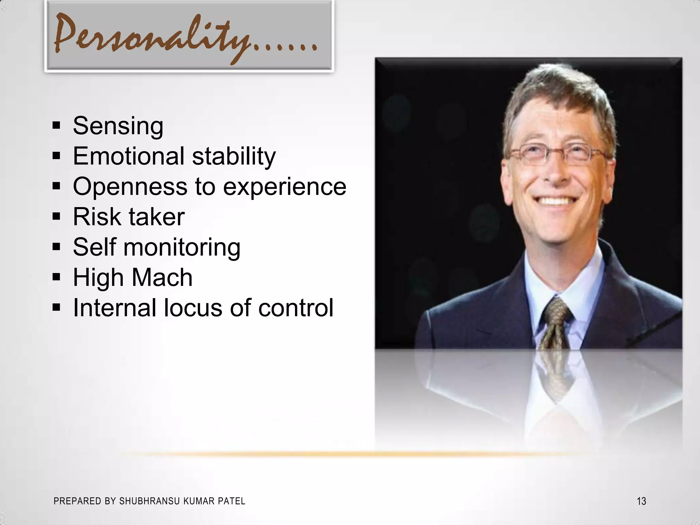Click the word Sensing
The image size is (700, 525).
(x=118, y=126)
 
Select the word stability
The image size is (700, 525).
(x=234, y=157)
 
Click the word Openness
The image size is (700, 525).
(x=130, y=187)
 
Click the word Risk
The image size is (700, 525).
(x=97, y=217)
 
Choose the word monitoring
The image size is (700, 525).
(x=182, y=247)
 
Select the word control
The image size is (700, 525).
(x=296, y=308)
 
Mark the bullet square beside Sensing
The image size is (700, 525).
(x=56, y=125)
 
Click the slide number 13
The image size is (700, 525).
(x=641, y=501)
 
